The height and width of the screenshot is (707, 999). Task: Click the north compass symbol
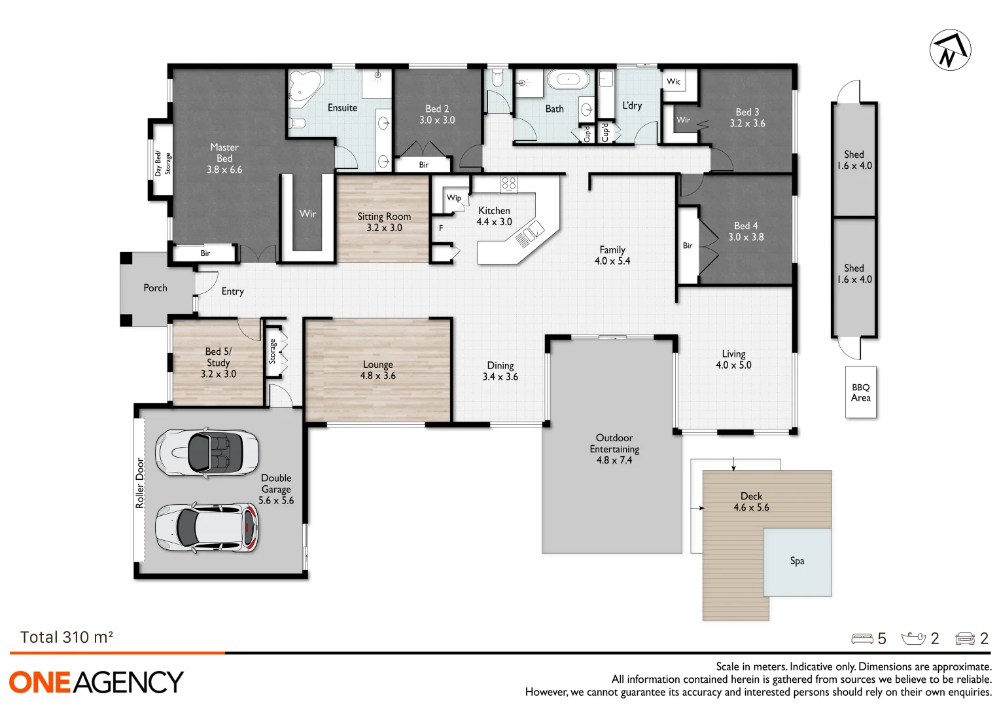pos(950,50)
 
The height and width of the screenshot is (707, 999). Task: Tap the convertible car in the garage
pos(207,452)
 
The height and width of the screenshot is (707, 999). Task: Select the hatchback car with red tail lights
pos(207,528)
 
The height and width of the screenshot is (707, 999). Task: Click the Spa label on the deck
pos(797,561)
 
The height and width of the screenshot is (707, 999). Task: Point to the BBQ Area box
pos(860,393)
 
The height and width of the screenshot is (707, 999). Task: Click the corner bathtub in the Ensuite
pos(305,85)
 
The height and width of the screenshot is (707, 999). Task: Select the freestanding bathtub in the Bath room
pos(568,80)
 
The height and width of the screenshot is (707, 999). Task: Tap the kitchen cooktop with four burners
pos(508,184)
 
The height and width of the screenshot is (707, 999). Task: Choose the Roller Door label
pos(139,484)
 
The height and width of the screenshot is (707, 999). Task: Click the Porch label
pos(156,288)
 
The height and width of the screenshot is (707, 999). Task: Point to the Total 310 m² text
pos(67,638)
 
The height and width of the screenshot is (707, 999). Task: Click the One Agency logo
pos(96,682)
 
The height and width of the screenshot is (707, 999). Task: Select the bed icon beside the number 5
pos(862,639)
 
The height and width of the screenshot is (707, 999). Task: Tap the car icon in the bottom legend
pos(965,639)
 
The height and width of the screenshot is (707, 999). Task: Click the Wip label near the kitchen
pos(454,198)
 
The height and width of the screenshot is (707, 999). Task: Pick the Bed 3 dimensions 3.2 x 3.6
pos(747,124)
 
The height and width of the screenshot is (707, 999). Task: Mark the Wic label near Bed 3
pos(674,82)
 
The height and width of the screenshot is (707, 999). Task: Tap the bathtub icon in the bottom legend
pos(913,639)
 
